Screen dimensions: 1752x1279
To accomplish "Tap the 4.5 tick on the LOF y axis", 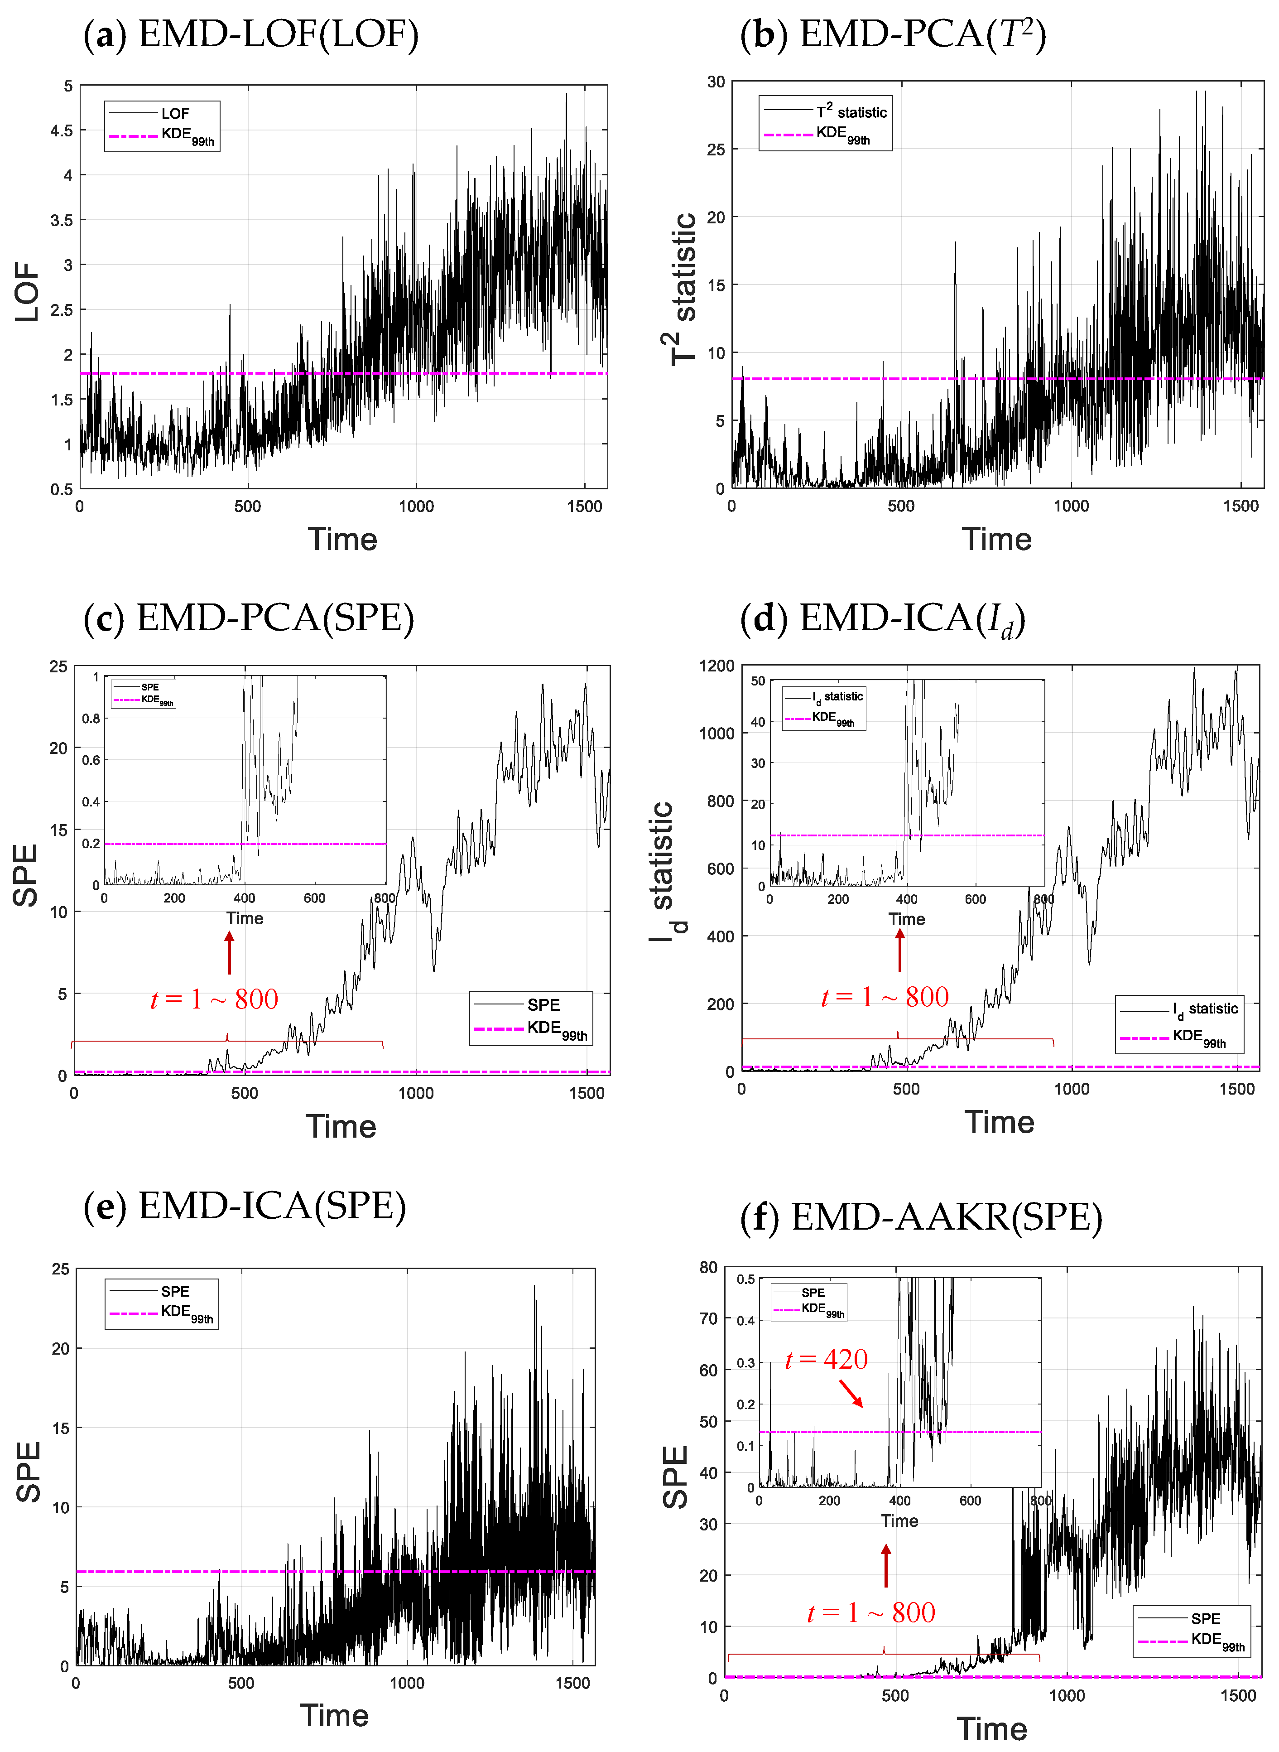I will [62, 130].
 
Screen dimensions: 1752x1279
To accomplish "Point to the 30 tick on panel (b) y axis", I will [716, 82].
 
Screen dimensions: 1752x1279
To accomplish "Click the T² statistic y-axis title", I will [681, 288].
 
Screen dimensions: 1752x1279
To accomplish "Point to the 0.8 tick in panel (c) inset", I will [91, 718].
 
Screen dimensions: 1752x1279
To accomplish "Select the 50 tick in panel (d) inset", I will [758, 681].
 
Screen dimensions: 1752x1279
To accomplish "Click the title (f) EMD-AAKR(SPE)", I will [921, 1217].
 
